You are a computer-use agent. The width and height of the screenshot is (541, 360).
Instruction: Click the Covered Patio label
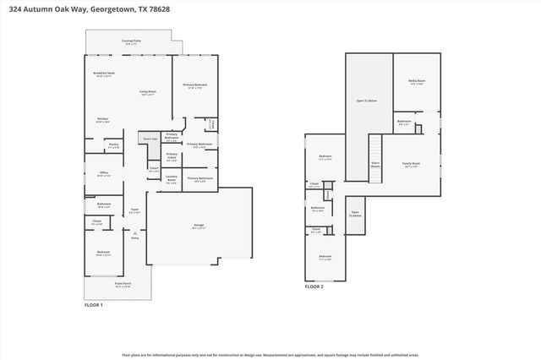(131, 41)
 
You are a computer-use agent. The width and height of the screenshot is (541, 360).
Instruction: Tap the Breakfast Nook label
(104, 74)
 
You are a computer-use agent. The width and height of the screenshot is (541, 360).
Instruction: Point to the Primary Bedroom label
(195, 85)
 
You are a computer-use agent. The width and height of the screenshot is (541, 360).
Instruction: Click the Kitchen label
(102, 119)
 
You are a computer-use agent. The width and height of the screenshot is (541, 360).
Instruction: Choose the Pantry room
(113, 146)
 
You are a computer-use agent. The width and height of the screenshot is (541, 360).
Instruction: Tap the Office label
(104, 174)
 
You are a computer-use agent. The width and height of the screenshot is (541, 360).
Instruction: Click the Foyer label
(134, 211)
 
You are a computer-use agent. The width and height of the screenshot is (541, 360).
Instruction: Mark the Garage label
(199, 226)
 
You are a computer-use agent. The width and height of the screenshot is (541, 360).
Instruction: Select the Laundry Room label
(172, 180)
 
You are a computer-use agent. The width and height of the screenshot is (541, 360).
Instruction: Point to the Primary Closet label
(172, 156)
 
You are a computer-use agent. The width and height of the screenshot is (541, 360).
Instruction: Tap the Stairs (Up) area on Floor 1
(150, 139)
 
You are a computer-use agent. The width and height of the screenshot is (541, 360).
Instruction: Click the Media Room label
(417, 82)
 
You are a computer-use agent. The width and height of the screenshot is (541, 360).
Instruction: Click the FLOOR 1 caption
(93, 304)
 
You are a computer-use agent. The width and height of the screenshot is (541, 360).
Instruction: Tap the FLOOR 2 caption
(314, 287)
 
